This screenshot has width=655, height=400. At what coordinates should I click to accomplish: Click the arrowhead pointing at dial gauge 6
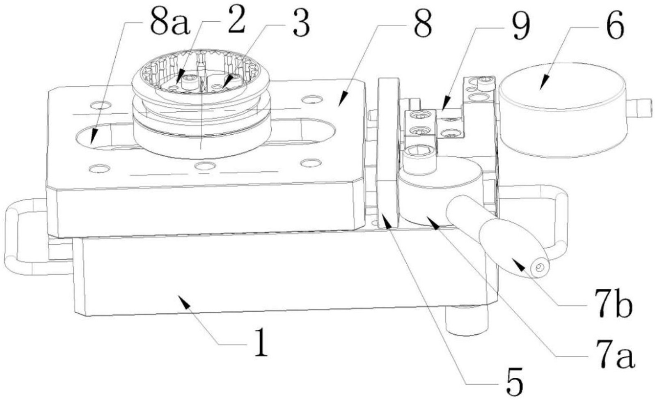pyautogui.click(x=543, y=83)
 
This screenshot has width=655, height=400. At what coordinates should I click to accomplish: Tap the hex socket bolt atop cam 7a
pyautogui.click(x=419, y=159)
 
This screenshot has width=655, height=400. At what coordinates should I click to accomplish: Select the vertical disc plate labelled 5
pyautogui.click(x=388, y=153)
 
